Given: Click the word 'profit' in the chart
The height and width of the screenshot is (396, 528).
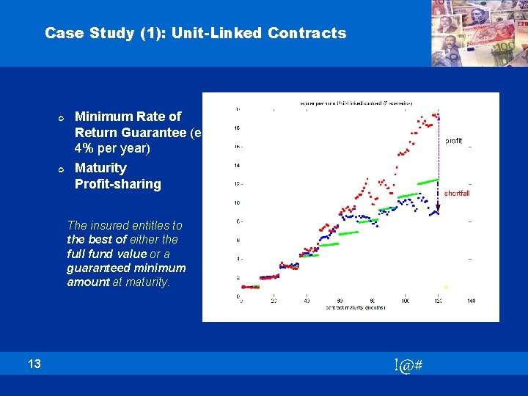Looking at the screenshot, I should (x=453, y=140).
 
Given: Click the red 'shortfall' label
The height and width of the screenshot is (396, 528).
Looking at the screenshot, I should (x=456, y=194).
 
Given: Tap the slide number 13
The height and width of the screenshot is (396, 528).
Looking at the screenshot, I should (x=34, y=364).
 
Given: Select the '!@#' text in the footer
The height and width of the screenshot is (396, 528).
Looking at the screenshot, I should (x=407, y=364).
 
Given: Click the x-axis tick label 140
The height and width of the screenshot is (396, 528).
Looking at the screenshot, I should (x=471, y=301).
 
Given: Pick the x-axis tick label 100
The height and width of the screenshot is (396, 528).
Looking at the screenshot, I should (x=406, y=301).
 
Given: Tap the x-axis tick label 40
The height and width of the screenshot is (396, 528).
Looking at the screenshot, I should (x=307, y=301).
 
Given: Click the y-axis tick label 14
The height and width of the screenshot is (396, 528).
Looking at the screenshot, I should (x=236, y=166).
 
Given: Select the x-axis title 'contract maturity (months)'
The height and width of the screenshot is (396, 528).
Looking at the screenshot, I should (x=356, y=308).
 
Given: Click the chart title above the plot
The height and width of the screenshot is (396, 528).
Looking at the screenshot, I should (x=356, y=103).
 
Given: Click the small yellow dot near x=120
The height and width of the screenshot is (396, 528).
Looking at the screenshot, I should (x=445, y=287).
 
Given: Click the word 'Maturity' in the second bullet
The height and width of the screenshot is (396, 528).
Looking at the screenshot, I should (x=100, y=168).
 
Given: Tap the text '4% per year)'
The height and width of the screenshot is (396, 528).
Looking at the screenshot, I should (x=112, y=149).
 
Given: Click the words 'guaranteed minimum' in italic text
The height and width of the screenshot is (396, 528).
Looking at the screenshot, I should (x=126, y=268).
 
